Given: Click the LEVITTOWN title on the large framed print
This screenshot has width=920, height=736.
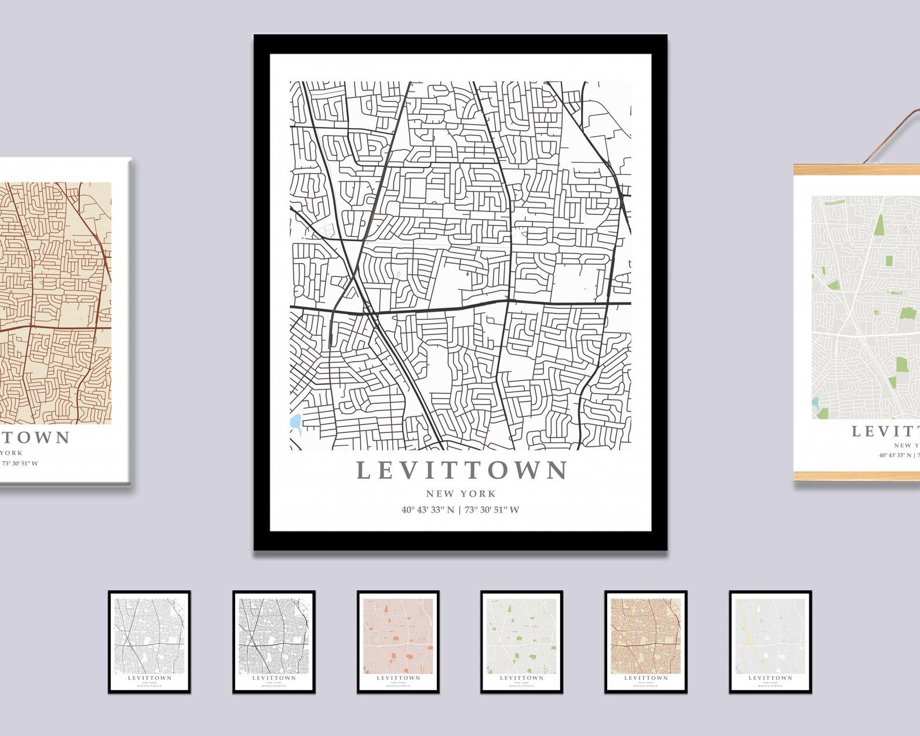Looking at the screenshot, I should tap(462, 470).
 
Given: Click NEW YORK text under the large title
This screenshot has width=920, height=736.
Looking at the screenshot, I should tap(461, 494).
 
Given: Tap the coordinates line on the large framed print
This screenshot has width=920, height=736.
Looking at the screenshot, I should tap(460, 510).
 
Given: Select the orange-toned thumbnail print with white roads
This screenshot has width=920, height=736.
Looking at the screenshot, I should tap(398, 641).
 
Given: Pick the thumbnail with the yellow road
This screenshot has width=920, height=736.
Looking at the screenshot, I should tap(770, 641).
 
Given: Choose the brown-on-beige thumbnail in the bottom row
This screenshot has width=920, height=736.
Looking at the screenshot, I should tap(646, 641).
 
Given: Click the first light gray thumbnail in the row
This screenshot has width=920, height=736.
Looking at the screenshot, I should tap(149, 641).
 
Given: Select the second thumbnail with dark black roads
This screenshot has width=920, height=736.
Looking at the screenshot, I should tap(274, 641).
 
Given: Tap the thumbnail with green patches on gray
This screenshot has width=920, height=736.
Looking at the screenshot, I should tap(522, 641).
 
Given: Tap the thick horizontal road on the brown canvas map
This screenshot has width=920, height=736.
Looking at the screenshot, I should tap(58, 327).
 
